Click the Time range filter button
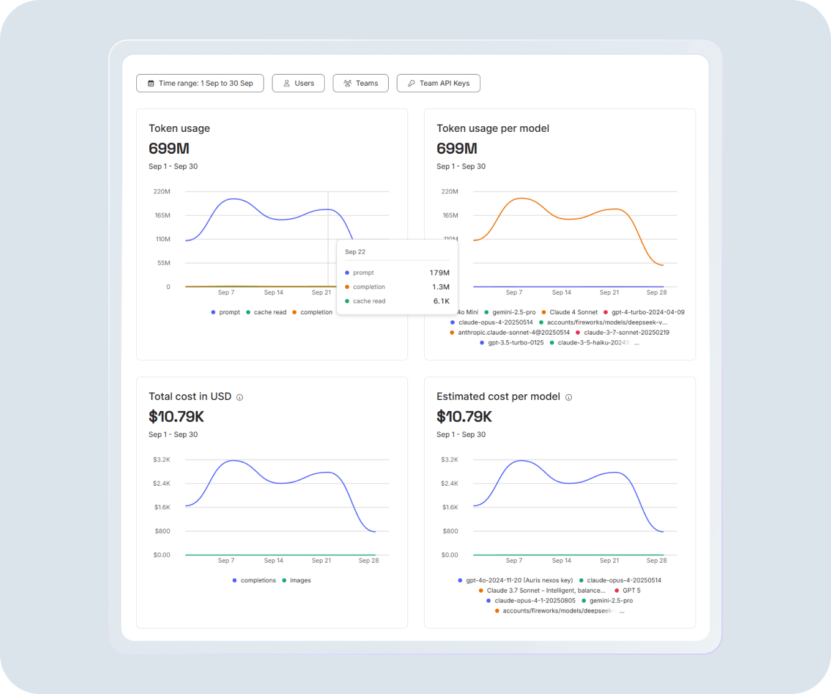[200, 83]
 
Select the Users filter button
[298, 83]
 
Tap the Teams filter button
[361, 83]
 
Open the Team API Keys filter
[439, 83]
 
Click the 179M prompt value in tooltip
[439, 273]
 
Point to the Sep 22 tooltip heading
[355, 252]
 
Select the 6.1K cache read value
[441, 301]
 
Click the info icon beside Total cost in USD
[239, 397]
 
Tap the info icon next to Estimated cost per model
[568, 397]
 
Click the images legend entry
[300, 580]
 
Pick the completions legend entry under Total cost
[258, 580]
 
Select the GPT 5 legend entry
[631, 590]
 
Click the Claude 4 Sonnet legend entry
[573, 312]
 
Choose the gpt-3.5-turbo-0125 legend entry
[515, 343]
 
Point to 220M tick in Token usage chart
[162, 192]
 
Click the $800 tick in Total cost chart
[162, 531]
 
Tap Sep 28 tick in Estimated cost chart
[656, 560]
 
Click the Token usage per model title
[493, 129]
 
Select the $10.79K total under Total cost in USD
[176, 416]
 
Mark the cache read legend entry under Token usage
[269, 312]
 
